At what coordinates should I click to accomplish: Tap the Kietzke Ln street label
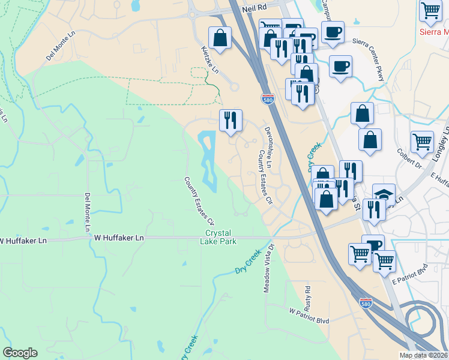(209, 61)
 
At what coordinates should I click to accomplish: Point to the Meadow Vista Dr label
(268, 268)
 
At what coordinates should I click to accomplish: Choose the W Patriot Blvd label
(309, 316)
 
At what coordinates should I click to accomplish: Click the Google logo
(20, 353)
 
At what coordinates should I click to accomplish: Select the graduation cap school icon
(384, 194)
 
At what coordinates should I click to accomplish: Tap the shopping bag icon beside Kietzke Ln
(221, 38)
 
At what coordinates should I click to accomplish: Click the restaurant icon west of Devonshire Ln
(231, 120)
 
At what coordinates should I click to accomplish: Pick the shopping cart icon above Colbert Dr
(422, 142)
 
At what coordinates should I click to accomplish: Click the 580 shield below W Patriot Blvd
(366, 304)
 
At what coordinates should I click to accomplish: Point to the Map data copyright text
(423, 355)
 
